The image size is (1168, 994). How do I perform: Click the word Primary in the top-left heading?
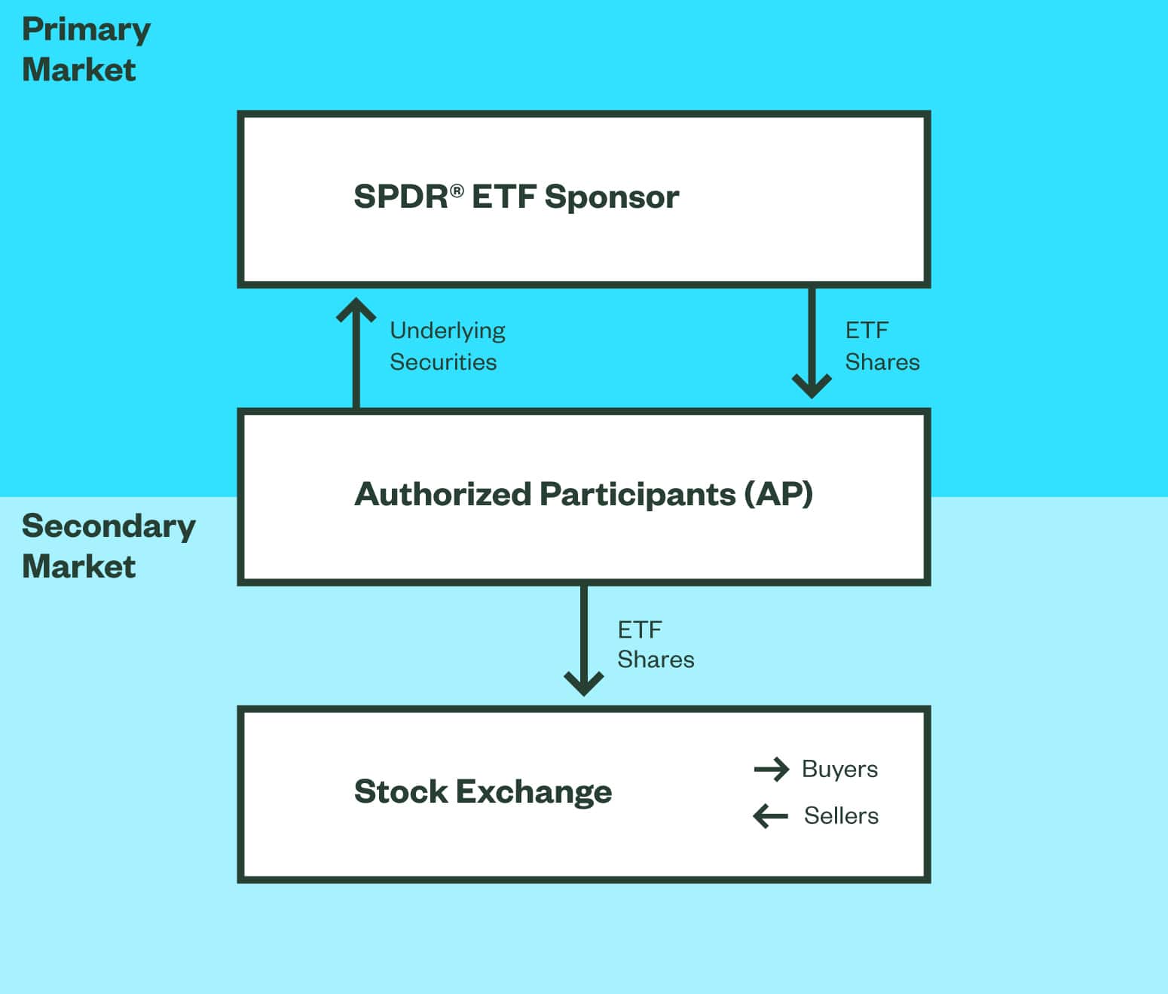point(86,31)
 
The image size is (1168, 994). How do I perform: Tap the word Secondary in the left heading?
point(109,526)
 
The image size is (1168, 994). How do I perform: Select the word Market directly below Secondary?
point(78,566)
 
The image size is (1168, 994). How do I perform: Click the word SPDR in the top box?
point(400,197)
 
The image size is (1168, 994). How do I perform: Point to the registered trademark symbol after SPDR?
point(457,191)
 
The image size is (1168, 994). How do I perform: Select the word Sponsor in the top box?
point(611,197)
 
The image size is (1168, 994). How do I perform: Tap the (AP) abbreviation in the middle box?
point(778,495)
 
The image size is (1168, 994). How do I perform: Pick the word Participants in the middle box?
point(638,495)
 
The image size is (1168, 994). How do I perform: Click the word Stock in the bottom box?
point(400,791)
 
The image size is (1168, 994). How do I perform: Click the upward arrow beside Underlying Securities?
point(356,350)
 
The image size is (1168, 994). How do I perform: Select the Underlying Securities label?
point(447,346)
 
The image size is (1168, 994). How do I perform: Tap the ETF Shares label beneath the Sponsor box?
point(882,346)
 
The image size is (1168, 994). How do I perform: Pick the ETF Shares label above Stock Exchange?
point(655,645)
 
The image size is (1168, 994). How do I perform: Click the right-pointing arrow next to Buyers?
point(771,769)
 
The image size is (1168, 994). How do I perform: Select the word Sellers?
point(841,816)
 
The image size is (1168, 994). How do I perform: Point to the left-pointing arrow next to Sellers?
point(770,816)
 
